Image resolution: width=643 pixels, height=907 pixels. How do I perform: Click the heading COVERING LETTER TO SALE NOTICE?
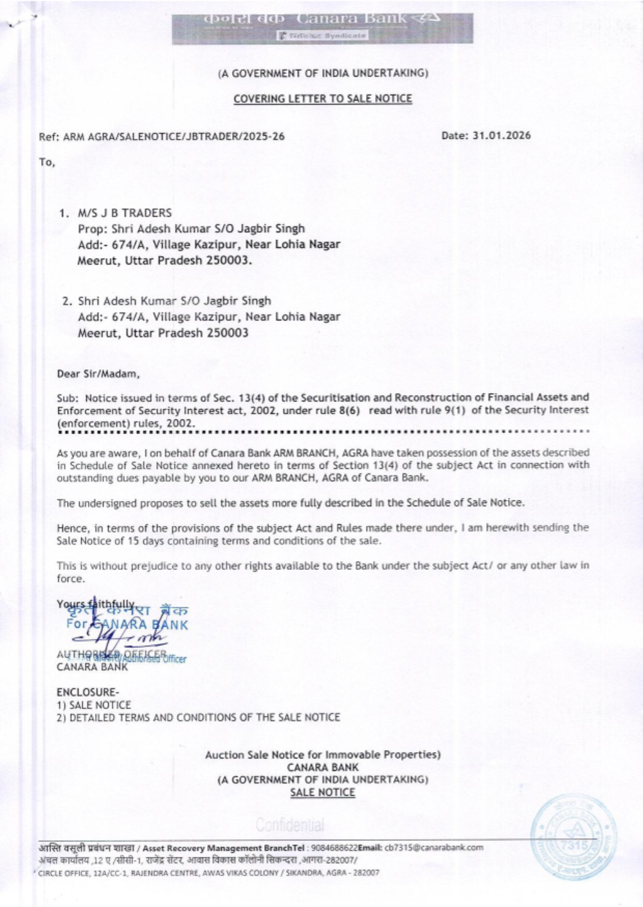point(322,98)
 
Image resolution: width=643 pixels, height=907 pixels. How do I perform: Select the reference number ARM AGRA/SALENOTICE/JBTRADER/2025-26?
point(174,136)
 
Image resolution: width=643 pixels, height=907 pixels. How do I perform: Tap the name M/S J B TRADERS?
point(125,213)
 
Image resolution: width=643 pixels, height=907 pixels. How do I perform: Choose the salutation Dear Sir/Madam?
point(98,374)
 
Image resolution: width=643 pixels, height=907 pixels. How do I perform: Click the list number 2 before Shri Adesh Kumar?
point(66,301)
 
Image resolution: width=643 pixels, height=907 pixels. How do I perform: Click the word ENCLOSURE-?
point(87,692)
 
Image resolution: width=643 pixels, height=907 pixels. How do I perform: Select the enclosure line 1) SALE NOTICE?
point(94,704)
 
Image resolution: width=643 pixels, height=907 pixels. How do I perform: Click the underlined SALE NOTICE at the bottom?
point(322,792)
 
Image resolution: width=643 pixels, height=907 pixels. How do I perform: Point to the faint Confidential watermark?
point(289,824)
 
